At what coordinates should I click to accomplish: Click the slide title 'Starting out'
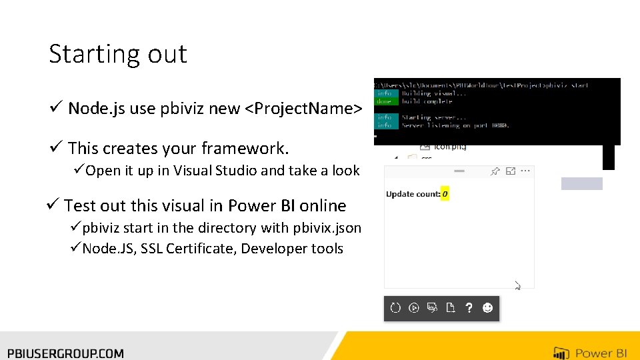coord(118,54)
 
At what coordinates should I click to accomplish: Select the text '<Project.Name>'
coord(304,108)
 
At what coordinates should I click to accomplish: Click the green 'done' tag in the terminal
coord(384,101)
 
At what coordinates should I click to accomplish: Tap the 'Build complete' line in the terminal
coord(427,101)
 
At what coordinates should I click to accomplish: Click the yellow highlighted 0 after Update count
coord(445,194)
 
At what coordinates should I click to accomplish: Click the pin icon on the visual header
coord(495,172)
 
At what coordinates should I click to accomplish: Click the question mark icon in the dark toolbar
coord(469,308)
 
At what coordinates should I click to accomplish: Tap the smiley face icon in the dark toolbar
coord(487,308)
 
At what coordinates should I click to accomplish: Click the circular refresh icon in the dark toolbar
coord(395,308)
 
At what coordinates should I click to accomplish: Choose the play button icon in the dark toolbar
coord(414,308)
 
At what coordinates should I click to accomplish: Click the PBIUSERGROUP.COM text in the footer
coord(65,353)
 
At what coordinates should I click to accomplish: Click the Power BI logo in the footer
coord(590,353)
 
